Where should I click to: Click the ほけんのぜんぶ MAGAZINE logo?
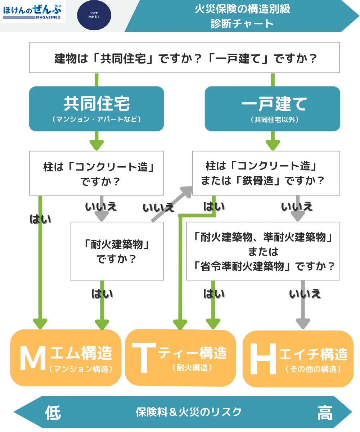(32, 12)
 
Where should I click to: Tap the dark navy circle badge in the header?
(94, 15)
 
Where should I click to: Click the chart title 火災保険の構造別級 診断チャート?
(242, 16)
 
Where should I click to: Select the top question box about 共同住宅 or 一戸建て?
(184, 58)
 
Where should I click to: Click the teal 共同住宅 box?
(96, 108)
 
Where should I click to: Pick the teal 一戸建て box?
(273, 108)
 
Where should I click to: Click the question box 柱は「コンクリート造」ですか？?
(96, 173)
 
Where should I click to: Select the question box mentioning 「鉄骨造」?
(266, 173)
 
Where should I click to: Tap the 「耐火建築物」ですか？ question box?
(117, 251)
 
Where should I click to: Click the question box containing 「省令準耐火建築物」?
(263, 251)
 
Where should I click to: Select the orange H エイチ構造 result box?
(298, 359)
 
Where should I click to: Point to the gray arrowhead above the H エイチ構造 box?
(303, 323)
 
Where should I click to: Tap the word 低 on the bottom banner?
(53, 412)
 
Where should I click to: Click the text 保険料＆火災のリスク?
(189, 412)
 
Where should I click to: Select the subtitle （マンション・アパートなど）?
(96, 119)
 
